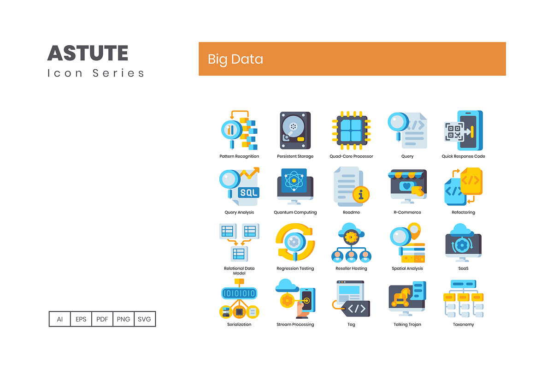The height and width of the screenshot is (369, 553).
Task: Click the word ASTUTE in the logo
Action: (x=88, y=53)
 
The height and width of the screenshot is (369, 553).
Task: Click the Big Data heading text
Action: (x=235, y=60)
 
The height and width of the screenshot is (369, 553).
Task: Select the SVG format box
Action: (x=144, y=319)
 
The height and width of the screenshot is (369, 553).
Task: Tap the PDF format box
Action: (x=102, y=319)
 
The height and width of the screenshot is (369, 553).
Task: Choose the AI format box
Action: (x=60, y=319)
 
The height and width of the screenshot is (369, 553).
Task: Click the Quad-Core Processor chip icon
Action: (x=351, y=131)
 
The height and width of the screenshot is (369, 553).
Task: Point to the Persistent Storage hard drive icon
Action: (x=295, y=130)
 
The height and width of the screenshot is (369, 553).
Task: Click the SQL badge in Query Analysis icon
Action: (x=248, y=192)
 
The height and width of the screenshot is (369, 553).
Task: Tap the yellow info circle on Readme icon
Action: (x=361, y=195)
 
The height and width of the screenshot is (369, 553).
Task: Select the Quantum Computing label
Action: (x=295, y=212)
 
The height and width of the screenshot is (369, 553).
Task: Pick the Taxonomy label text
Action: (x=464, y=325)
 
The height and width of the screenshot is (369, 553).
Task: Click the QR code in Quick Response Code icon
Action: (x=454, y=132)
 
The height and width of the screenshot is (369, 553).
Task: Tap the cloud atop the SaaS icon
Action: (x=461, y=229)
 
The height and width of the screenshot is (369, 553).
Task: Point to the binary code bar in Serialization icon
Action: (x=239, y=293)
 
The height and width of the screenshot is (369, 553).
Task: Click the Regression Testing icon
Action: (x=295, y=242)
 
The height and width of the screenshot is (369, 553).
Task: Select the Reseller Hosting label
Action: (x=351, y=268)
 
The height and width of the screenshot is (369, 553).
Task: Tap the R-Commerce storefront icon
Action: (x=407, y=186)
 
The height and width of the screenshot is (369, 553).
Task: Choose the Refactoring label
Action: (x=464, y=212)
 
